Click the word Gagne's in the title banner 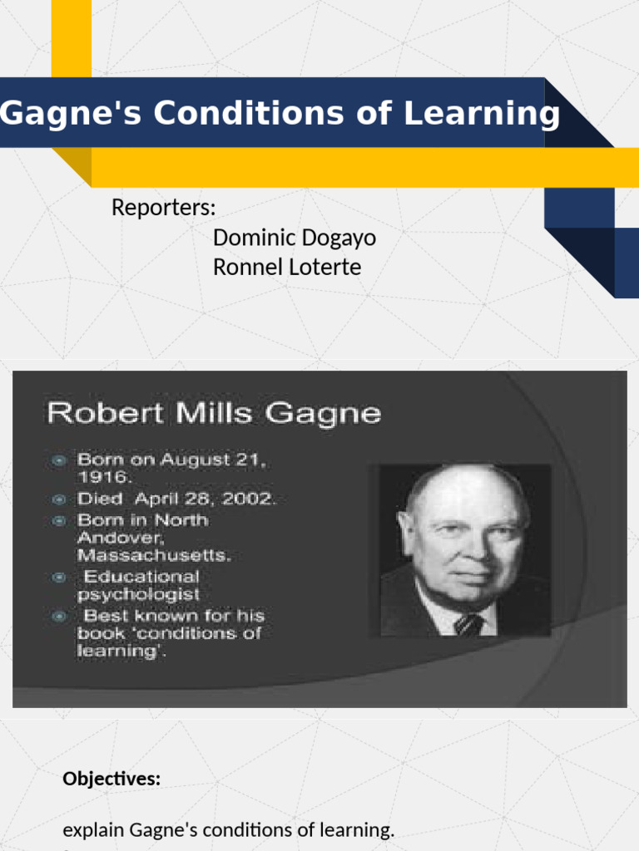(x=53, y=113)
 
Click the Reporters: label (x=164, y=208)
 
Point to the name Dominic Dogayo (x=294, y=238)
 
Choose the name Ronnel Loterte (x=287, y=268)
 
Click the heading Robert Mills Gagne (x=214, y=413)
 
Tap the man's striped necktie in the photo (x=468, y=623)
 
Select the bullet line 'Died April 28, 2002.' (x=176, y=499)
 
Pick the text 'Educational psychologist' (x=138, y=585)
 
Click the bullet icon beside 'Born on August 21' (x=59, y=460)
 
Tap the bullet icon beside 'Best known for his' (x=59, y=617)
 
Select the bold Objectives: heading (x=111, y=780)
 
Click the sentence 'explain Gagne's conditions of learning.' (x=229, y=830)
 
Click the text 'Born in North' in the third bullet (x=142, y=520)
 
